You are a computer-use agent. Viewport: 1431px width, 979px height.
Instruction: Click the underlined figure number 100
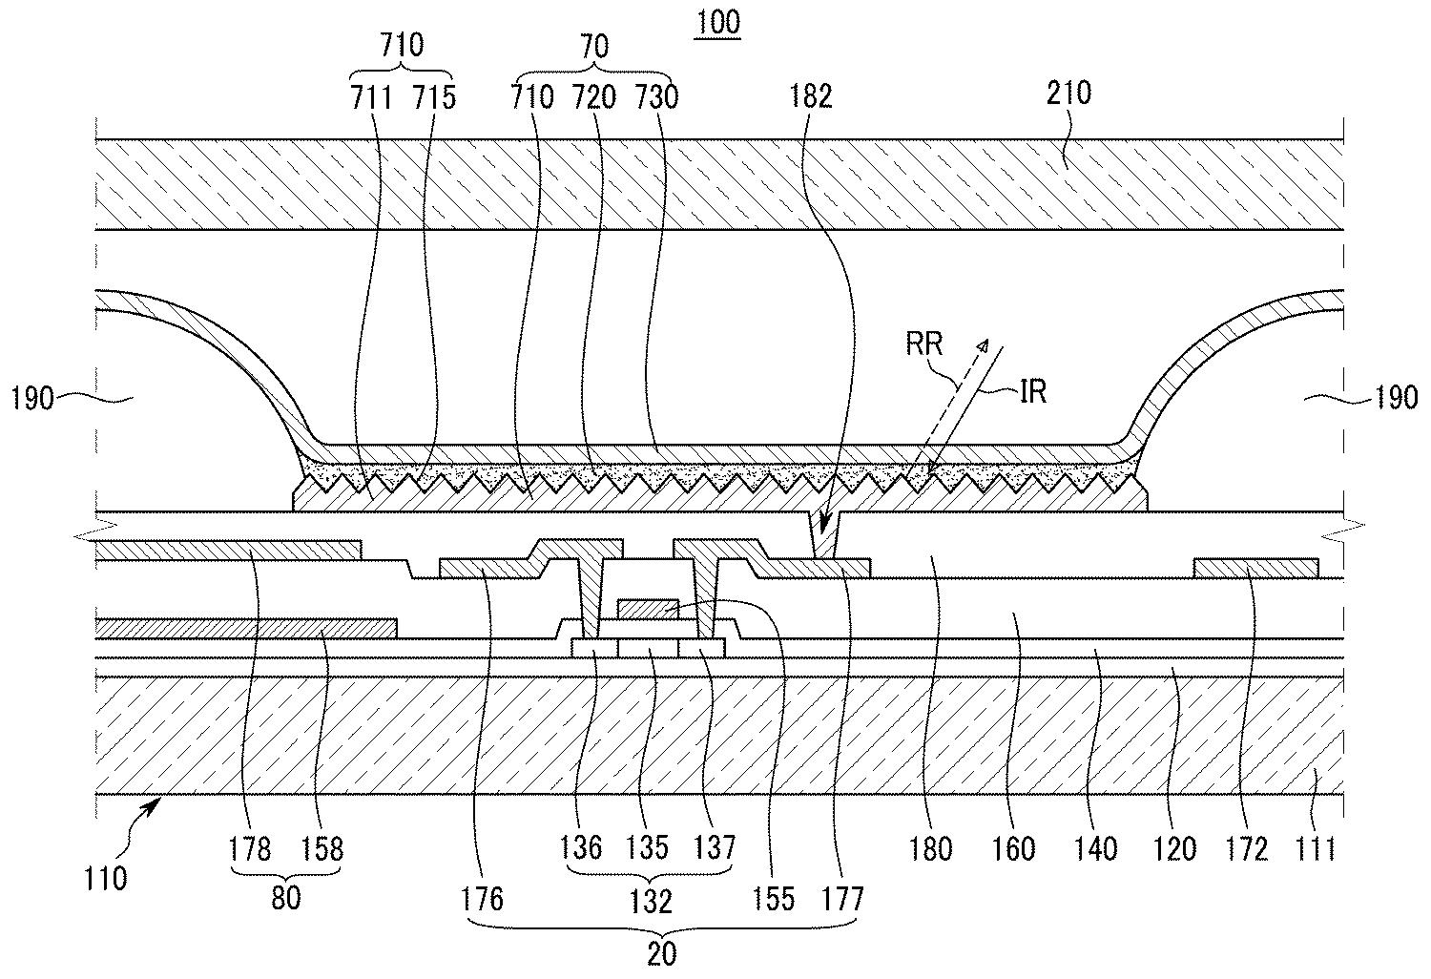pyautogui.click(x=717, y=23)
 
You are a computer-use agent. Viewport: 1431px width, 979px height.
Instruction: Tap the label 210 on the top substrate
pyautogui.click(x=1068, y=94)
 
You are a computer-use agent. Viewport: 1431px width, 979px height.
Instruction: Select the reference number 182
pyautogui.click(x=811, y=96)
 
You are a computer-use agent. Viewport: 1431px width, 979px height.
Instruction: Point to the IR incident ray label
pyautogui.click(x=1033, y=392)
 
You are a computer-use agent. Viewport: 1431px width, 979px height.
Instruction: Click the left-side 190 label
pyautogui.click(x=31, y=400)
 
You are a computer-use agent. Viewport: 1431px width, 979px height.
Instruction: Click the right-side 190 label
pyautogui.click(x=1395, y=399)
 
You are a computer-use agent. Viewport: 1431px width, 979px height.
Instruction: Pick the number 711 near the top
pyautogui.click(x=371, y=97)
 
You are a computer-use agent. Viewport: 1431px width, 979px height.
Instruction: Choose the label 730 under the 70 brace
pyautogui.click(x=656, y=97)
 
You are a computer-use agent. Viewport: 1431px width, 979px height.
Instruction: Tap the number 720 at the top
pyautogui.click(x=594, y=97)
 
